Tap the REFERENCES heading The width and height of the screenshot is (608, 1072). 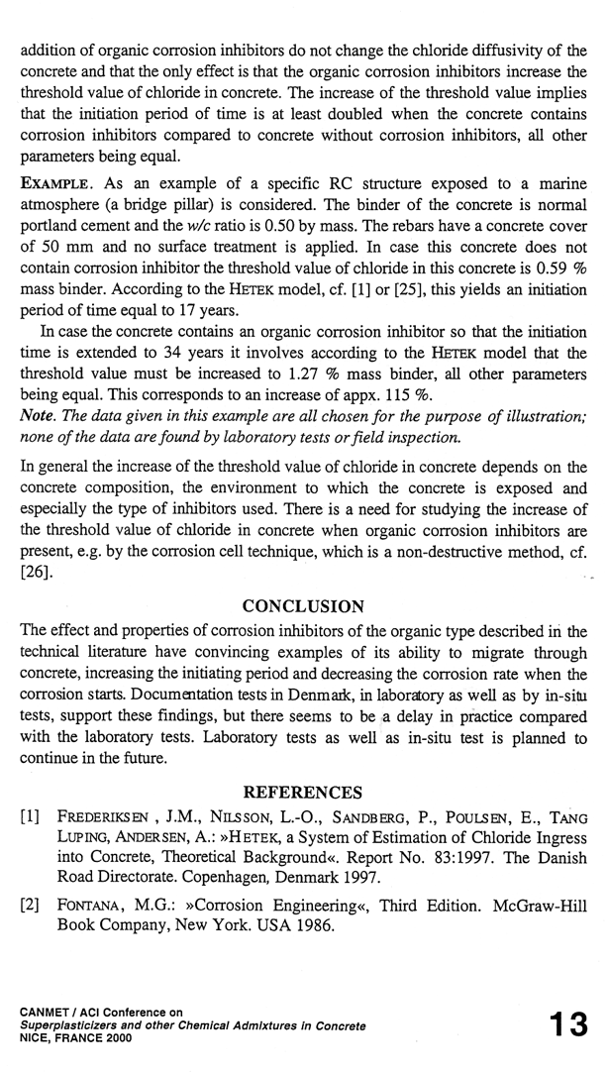(x=304, y=792)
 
